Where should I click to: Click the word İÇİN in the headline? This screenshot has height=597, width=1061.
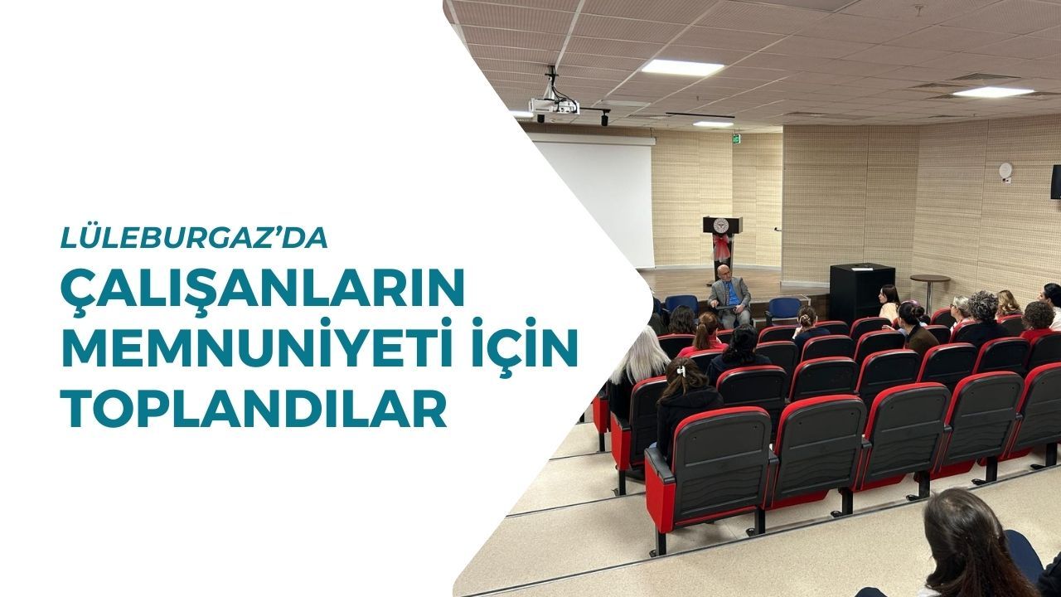[x=513, y=347]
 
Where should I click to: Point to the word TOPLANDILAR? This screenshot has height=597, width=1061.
[x=254, y=405]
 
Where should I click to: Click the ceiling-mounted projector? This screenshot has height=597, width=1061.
[x=554, y=105]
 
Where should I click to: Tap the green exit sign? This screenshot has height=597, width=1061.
[x=736, y=138]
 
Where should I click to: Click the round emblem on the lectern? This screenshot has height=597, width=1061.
[x=722, y=225]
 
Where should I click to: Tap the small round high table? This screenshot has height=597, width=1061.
[x=930, y=289]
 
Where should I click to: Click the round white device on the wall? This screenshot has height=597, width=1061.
[x=1005, y=169]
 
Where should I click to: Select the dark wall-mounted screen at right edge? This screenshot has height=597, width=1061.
[x=1056, y=182]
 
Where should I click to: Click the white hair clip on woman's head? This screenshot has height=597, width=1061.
[x=681, y=370]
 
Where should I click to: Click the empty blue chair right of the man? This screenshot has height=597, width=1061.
[x=783, y=309]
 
